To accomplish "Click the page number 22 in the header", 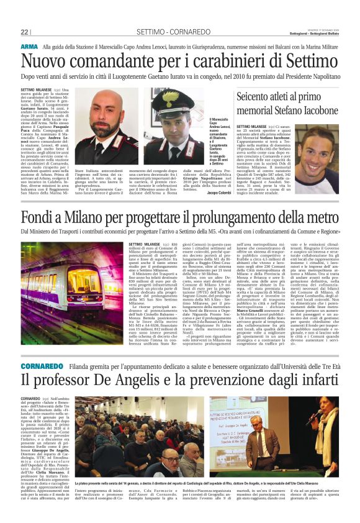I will [24, 32].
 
